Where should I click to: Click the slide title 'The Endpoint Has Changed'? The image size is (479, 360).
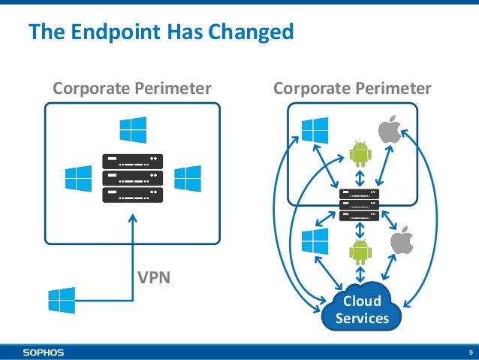[x=159, y=32]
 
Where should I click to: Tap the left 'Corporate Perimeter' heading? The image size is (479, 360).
[x=131, y=89]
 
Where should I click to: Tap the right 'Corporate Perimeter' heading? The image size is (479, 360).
[x=352, y=89]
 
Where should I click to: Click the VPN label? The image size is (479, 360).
[x=153, y=277]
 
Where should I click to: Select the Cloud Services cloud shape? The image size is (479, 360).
[x=362, y=309]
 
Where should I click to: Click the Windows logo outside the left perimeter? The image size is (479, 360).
[x=62, y=300]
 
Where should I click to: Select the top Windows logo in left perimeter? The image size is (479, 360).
[x=132, y=129]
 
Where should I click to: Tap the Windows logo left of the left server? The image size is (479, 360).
[x=78, y=178]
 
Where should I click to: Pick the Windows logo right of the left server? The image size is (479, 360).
[x=186, y=178]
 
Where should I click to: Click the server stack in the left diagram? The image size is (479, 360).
[x=132, y=178]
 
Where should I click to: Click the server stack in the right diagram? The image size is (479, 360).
[x=359, y=204]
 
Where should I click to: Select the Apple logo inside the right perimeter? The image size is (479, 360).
[x=388, y=131]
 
